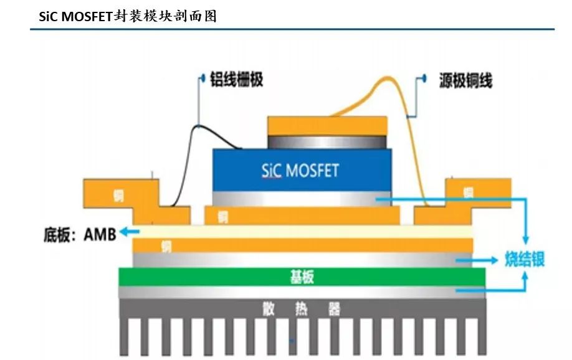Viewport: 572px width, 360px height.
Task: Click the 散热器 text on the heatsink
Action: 302,308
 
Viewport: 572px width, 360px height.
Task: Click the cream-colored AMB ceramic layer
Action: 302,231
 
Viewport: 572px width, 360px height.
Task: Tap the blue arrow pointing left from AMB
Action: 129,232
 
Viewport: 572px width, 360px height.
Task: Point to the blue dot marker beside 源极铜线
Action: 424,78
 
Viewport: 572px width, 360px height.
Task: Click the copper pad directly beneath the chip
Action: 302,216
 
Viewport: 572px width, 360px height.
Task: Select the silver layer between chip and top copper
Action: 327,141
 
